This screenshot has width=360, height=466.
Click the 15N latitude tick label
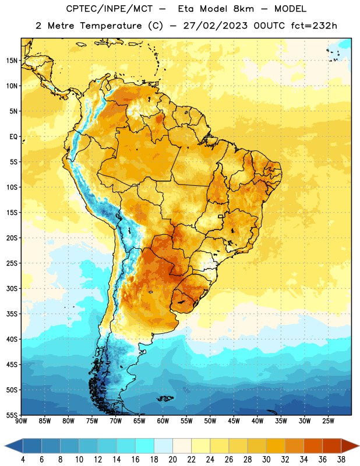(12, 61)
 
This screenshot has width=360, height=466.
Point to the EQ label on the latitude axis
(13, 137)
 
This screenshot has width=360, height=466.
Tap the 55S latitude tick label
(12, 415)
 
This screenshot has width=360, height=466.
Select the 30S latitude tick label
(12, 288)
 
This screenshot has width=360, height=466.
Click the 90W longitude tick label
(21, 421)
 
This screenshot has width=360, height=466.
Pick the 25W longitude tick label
(328, 421)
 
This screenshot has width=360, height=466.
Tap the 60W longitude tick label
(163, 421)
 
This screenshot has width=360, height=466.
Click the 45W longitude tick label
(234, 421)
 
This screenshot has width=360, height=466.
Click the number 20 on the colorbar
(172, 460)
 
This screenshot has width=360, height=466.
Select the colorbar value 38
(341, 460)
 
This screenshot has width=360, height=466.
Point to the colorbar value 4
(23, 460)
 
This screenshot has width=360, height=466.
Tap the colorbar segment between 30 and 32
(276, 446)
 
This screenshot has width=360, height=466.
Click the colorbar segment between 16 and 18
(145, 446)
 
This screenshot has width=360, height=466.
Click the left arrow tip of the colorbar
(5, 446)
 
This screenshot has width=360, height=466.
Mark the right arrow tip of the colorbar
(359, 446)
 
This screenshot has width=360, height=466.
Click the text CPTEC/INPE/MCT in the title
(109, 9)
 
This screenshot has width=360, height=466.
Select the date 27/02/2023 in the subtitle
(215, 26)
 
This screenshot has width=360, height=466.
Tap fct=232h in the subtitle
(314, 26)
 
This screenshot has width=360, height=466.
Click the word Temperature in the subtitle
(111, 26)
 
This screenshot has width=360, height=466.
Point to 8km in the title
(243, 9)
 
